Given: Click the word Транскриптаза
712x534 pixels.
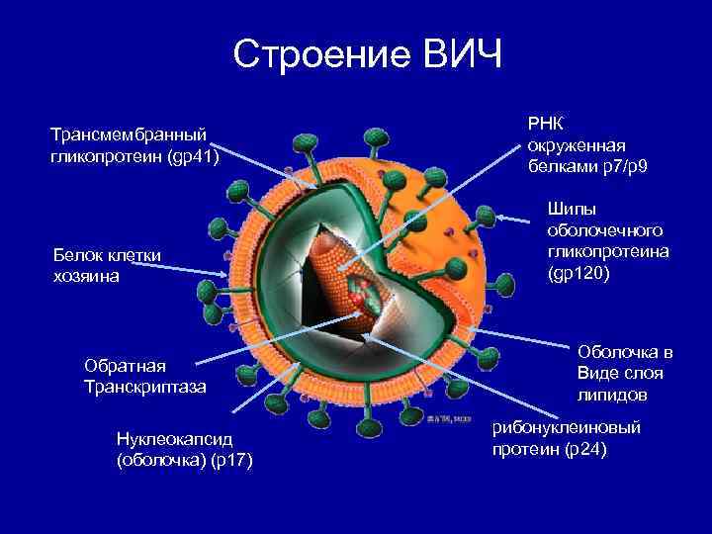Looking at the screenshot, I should pos(145,386).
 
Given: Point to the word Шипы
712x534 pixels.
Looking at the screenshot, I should pos(572,210).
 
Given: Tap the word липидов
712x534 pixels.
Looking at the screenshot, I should pos(612,395).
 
